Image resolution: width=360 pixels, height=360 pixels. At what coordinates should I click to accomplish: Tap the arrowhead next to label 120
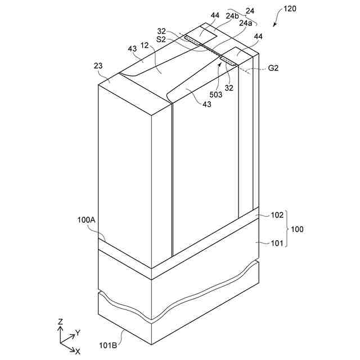274,26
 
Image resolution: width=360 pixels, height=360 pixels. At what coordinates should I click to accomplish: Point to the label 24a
245,23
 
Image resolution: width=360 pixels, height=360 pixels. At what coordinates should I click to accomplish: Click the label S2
161,39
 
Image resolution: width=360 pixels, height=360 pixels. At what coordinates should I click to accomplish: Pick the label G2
274,68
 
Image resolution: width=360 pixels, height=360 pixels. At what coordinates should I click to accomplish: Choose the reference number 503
216,94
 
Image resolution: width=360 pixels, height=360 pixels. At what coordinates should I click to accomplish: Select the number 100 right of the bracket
297,229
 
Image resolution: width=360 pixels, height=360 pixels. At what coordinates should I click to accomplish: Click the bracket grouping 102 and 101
287,229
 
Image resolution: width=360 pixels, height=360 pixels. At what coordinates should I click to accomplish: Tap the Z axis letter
60,322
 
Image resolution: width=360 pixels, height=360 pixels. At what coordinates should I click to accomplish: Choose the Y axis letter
78,333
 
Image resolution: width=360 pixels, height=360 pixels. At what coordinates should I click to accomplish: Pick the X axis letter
78,351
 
